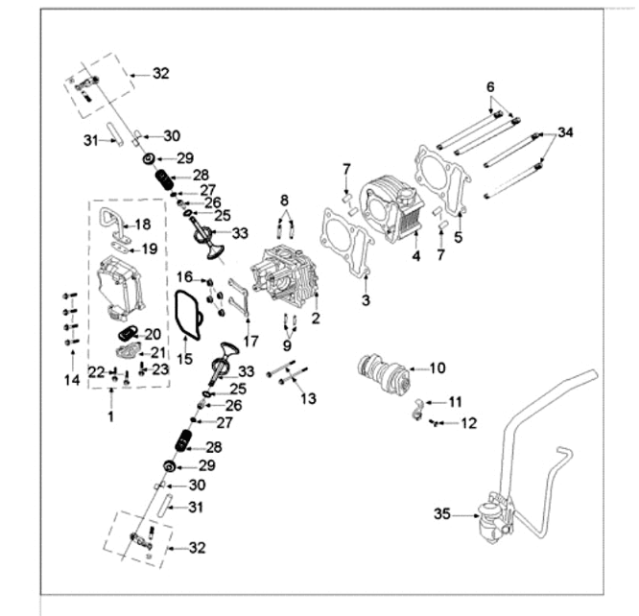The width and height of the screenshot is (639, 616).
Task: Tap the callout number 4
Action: [415, 256]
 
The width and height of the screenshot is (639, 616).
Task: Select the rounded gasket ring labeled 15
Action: [187, 316]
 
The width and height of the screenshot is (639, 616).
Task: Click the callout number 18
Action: [143, 225]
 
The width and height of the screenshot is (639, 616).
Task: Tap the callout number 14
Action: [69, 381]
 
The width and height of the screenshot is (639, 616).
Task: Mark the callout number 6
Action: [490, 86]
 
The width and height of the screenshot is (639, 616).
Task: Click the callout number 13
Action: [308, 398]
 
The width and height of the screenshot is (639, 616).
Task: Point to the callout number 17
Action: [250, 341]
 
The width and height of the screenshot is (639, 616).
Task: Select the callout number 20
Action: [153, 334]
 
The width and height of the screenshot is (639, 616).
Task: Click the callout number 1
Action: [109, 417]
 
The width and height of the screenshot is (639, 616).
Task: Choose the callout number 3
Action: [366, 301]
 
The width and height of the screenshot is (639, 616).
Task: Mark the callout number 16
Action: [184, 277]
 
